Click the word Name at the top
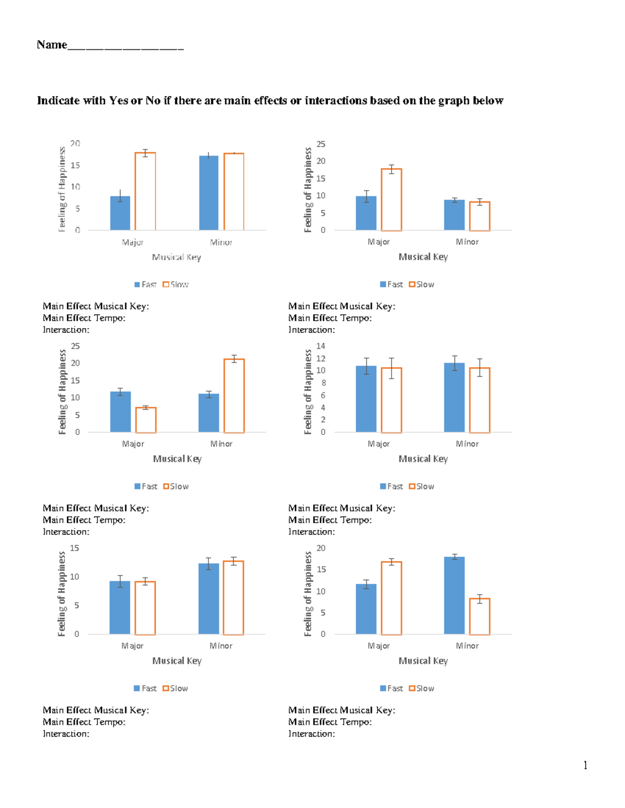pyautogui.click(x=52, y=45)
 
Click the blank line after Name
pyautogui.click(x=126, y=48)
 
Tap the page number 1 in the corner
pyautogui.click(x=585, y=765)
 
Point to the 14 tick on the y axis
pyautogui.click(x=320, y=346)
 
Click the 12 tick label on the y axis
pyautogui.click(x=320, y=358)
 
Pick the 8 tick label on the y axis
pyautogui.click(x=323, y=383)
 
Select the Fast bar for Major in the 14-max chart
pyautogui.click(x=366, y=399)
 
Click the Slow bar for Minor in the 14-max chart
pyautogui.click(x=480, y=400)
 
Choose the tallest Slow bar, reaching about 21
pyautogui.click(x=234, y=396)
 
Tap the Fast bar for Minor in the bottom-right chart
pyautogui.click(x=454, y=595)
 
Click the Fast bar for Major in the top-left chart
pyautogui.click(x=120, y=213)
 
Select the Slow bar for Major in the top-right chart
pyautogui.click(x=391, y=200)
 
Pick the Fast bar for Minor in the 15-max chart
pyautogui.click(x=209, y=599)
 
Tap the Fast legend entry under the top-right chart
pyautogui.click(x=392, y=285)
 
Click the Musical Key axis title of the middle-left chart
pyautogui.click(x=177, y=459)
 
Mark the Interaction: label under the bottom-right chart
pyautogui.click(x=311, y=734)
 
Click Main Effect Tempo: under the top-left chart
pyautogui.click(x=84, y=318)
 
